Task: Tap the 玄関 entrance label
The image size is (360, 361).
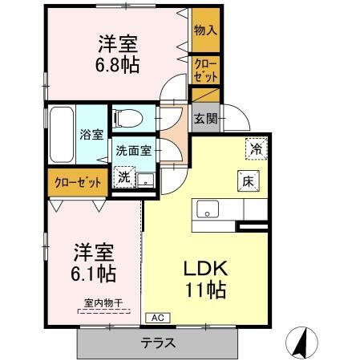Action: coord(204,118)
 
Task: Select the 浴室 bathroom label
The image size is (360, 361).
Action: coord(91,134)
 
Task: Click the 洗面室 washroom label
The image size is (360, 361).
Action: coord(132,149)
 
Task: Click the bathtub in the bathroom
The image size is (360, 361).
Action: coord(61,134)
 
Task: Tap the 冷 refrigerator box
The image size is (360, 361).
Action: coord(256,149)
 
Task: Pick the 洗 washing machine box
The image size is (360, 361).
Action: coord(123,176)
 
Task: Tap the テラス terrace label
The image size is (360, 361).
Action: coord(158,343)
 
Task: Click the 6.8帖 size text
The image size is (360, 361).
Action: coord(119,65)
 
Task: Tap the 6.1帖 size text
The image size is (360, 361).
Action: coord(95,274)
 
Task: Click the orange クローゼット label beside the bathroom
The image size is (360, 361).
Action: coord(78,182)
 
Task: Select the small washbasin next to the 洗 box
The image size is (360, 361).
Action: coord(145,179)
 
